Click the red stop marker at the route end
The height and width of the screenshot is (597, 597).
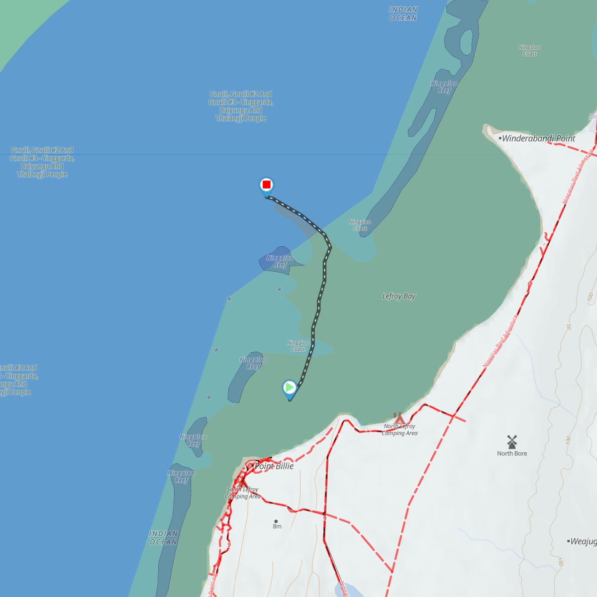click(267, 186)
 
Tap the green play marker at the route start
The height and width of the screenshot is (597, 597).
click(290, 388)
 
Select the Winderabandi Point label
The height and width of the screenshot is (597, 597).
click(538, 138)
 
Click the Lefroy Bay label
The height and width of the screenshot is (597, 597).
click(398, 296)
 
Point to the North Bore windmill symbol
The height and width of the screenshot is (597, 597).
click(512, 441)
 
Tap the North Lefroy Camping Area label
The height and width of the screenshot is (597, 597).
click(399, 430)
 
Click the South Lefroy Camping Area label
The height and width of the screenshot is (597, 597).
click(242, 493)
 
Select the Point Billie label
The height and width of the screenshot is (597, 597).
click(274, 466)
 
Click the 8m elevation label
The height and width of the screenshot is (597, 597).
click(277, 526)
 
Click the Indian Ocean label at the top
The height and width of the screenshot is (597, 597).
click(403, 13)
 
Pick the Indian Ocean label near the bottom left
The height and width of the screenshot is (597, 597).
click(163, 537)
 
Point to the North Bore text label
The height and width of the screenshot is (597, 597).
click(512, 453)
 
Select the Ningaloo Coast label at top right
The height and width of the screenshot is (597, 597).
click(529, 50)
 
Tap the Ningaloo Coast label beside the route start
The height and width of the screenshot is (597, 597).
click(298, 346)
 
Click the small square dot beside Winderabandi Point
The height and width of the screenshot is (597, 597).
click(500, 138)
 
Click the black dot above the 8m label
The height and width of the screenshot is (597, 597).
click(276, 521)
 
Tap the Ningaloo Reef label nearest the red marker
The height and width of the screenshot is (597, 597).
click(280, 261)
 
